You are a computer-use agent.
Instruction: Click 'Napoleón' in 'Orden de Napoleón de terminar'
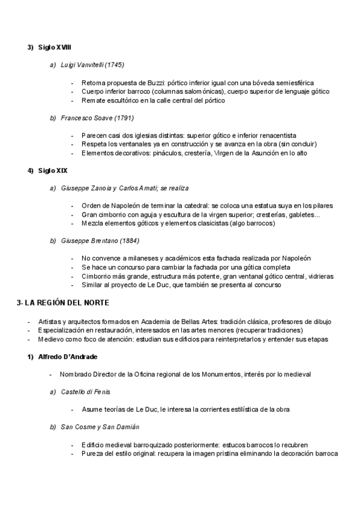[x=124, y=206]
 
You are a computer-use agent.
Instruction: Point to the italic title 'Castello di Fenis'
[x=85, y=392]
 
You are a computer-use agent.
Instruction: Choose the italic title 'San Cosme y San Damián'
[x=100, y=427]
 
